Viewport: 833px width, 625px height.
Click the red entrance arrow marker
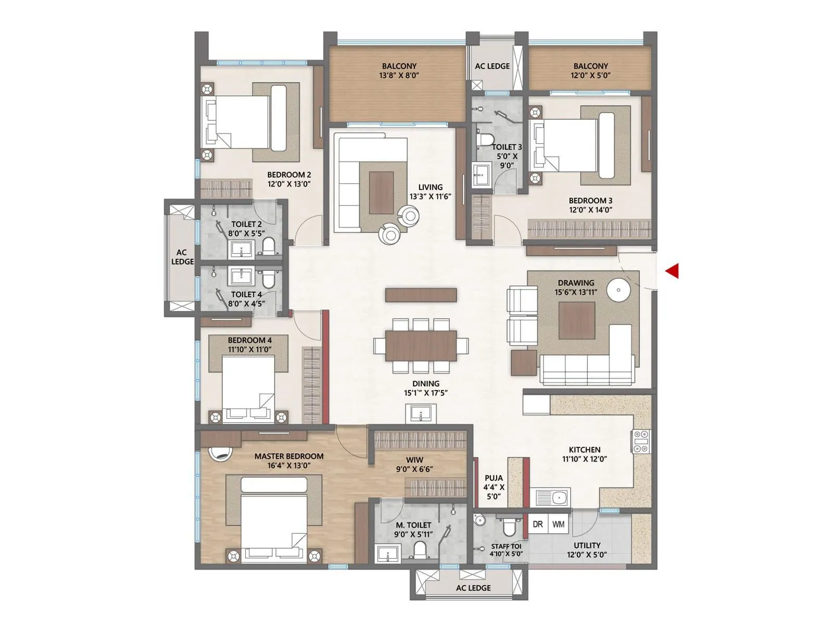[673, 271]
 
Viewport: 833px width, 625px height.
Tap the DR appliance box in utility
[538, 524]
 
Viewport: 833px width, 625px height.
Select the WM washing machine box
[559, 524]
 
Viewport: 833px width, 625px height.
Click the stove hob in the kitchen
[641, 441]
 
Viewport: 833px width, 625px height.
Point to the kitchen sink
[552, 497]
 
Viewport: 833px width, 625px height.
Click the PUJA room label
[494, 478]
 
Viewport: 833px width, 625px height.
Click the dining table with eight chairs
[421, 346]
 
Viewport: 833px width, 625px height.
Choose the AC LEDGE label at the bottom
[473, 588]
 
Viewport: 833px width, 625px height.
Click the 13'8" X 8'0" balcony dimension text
[399, 75]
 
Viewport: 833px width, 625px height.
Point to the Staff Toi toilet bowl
[509, 528]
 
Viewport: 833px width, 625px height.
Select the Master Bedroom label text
[289, 456]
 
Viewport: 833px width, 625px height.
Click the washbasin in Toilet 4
[241, 276]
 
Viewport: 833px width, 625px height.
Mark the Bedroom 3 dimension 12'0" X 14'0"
[590, 210]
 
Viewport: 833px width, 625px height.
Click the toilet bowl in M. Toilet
[420, 551]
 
